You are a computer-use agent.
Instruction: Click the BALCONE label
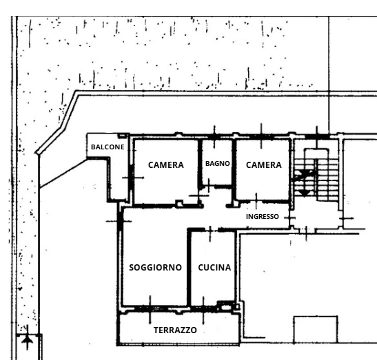tap(108, 147)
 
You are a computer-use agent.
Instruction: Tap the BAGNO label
tap(217, 164)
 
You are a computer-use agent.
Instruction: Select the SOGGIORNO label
tap(155, 268)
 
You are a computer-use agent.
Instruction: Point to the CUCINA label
tap(214, 268)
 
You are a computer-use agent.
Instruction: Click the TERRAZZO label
tap(175, 330)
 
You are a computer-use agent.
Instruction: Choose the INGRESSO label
tap(263, 217)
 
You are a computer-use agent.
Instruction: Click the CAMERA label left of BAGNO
tap(166, 165)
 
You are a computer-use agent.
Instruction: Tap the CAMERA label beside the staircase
tap(264, 165)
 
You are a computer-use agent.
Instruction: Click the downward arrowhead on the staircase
tap(305, 193)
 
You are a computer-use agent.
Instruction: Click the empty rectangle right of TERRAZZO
tap(316, 329)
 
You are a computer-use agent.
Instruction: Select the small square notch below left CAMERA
tap(179, 203)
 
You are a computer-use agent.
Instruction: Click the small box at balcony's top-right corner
tap(122, 136)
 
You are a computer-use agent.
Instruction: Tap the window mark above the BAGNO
tap(214, 137)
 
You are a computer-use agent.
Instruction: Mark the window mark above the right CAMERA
tap(262, 136)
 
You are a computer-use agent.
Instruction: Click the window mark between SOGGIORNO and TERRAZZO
tap(150, 309)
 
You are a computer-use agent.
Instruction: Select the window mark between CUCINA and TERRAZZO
tap(203, 310)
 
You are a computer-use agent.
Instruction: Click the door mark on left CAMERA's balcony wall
tap(133, 178)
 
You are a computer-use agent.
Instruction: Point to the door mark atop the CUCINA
tap(210, 231)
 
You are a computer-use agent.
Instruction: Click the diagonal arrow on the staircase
tap(303, 175)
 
